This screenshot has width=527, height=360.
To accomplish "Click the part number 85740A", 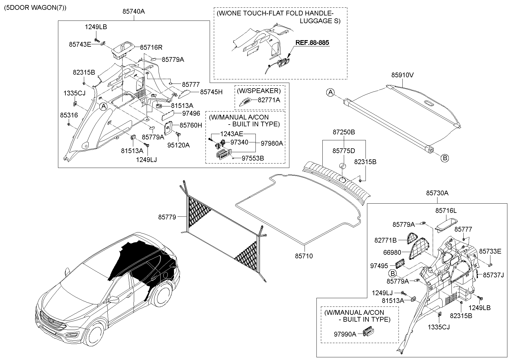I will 134,12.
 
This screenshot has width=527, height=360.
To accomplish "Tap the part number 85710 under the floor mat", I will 304,256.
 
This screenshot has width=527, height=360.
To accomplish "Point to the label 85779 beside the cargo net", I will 167,217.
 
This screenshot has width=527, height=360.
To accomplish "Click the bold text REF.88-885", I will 312,43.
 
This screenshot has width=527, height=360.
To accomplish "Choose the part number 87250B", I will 344,132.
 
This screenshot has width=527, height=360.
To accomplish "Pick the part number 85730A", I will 437,193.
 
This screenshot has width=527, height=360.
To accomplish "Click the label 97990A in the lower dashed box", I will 345,334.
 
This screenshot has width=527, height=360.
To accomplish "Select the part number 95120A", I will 178,145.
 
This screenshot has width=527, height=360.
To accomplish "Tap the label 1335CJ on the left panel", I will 74,93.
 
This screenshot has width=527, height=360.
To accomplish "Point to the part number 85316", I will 69,115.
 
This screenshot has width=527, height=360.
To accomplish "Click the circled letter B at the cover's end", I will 445,158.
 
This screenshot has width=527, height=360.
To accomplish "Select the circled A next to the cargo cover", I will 330,92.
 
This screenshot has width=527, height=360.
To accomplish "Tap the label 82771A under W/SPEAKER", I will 269,100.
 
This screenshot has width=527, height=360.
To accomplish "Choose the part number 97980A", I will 272,143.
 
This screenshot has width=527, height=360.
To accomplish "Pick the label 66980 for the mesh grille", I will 392,252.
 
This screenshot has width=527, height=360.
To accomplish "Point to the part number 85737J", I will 493,275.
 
